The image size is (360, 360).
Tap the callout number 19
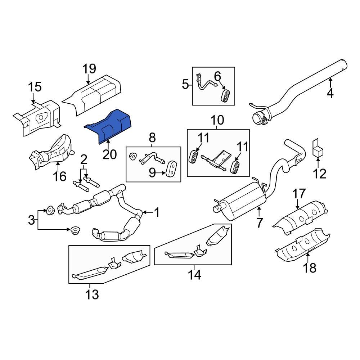(89, 69)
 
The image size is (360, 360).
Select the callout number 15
(35, 87)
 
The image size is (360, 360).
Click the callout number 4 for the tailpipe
(330, 94)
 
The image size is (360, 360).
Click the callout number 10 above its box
(217, 120)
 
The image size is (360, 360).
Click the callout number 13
(92, 294)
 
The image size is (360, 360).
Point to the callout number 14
(194, 275)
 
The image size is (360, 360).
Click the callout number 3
(32, 219)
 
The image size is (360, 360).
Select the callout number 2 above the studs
(84, 159)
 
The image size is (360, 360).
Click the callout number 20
(109, 154)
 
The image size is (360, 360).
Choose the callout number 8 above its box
(152, 137)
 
